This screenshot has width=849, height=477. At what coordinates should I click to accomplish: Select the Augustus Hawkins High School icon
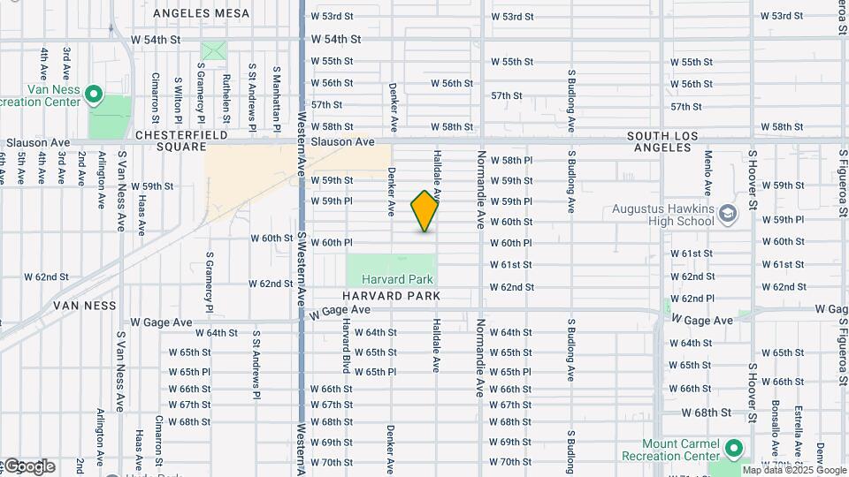point(727,213)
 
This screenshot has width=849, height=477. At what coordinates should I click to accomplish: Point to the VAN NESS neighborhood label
point(84,306)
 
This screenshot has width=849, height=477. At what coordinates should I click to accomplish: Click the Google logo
point(28,466)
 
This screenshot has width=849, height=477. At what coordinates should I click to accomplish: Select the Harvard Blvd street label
point(348,344)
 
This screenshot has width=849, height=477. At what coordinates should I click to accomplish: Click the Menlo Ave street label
point(708,172)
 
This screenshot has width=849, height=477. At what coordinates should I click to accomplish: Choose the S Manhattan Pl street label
point(276,94)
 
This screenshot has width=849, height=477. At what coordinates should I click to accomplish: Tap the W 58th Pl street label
point(511,160)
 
